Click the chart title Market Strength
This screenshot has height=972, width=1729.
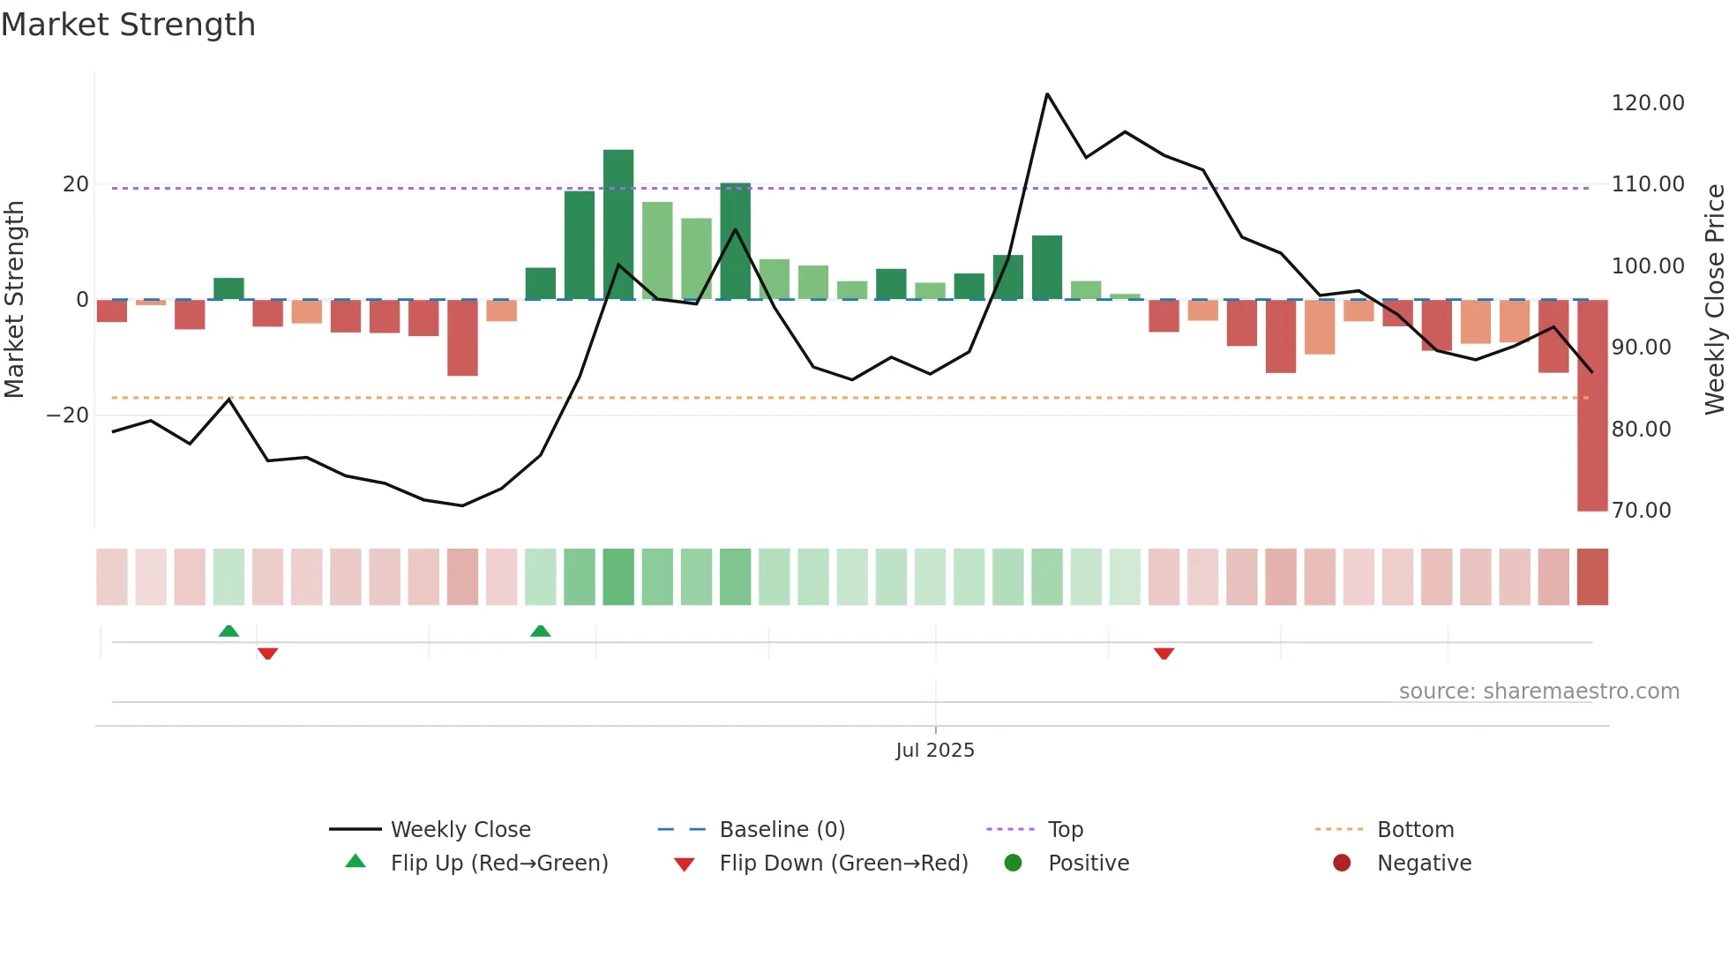click(128, 25)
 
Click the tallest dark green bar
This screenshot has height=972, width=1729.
click(618, 224)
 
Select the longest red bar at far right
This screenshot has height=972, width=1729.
click(1592, 405)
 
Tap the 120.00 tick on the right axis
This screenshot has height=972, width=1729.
click(1647, 103)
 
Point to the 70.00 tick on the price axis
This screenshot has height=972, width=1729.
click(1641, 511)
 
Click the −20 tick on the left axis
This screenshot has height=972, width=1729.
click(68, 415)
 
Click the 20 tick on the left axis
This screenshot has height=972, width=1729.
click(76, 184)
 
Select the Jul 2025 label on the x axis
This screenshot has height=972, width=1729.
click(935, 751)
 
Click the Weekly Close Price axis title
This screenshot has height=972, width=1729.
click(1714, 299)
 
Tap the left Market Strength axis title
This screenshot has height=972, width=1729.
click(15, 299)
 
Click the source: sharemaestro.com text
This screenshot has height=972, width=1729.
click(1538, 692)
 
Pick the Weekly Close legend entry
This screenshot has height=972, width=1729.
click(460, 830)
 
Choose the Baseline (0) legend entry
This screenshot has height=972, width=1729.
click(782, 830)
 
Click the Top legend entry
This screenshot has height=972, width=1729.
click(1065, 830)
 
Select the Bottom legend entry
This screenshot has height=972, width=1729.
click(1415, 830)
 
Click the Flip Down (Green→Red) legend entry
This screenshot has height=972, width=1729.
click(842, 864)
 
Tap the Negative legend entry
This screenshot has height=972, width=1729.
click(1424, 864)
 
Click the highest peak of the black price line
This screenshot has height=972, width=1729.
click(1047, 94)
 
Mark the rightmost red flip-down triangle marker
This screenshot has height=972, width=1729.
click(1164, 654)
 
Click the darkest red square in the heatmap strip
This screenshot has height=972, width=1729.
click(1592, 577)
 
